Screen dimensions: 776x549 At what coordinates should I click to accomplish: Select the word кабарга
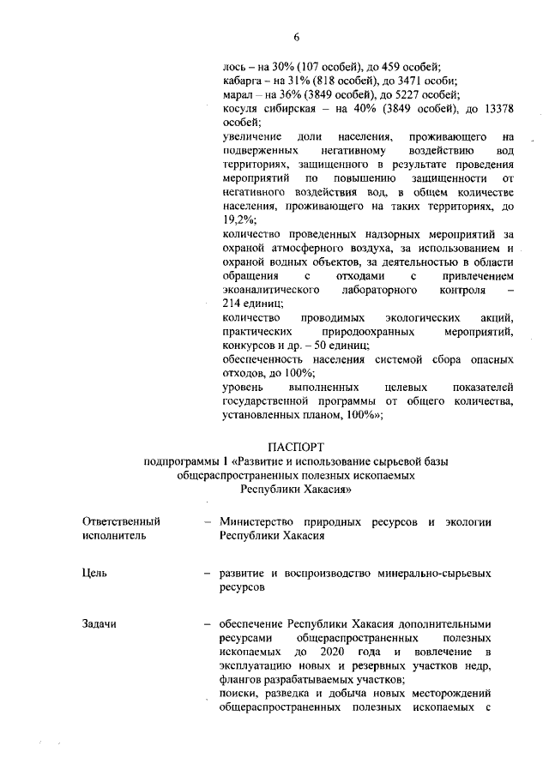pyautogui.click(x=241, y=80)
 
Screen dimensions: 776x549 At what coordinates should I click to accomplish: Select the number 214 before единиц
pyautogui.click(x=232, y=304)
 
